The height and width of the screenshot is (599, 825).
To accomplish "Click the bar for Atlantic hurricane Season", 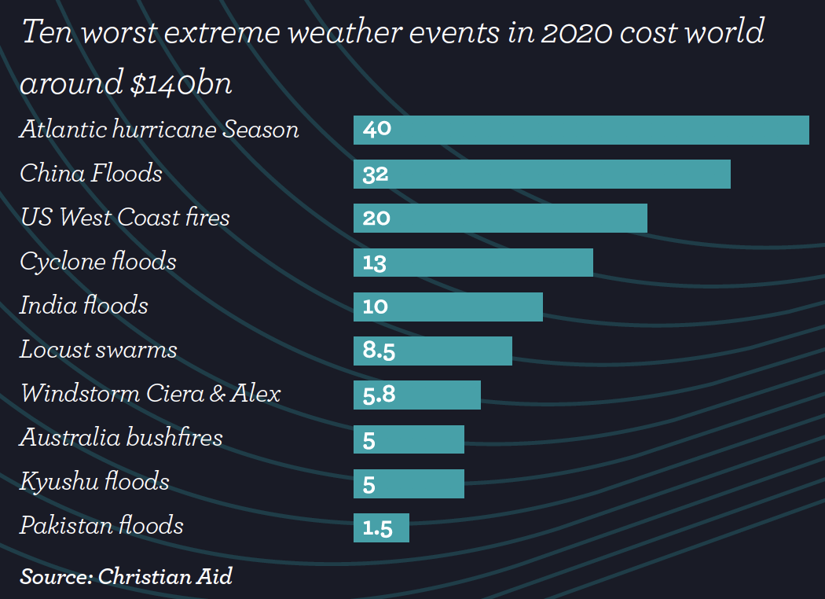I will pyautogui.click(x=581, y=130).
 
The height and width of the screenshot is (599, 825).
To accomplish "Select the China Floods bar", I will pyautogui.click(x=542, y=174).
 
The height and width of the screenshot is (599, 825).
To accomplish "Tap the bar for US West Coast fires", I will pyautogui.click(x=500, y=218).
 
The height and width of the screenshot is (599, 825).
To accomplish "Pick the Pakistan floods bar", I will pyautogui.click(x=381, y=527).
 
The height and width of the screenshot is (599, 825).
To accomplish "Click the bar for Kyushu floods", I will pyautogui.click(x=409, y=483).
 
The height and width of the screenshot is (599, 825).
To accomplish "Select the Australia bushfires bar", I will pyautogui.click(x=409, y=439).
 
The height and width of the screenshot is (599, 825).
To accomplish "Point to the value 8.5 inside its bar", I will pyautogui.click(x=379, y=351).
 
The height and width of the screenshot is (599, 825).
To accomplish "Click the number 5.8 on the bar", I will pyautogui.click(x=379, y=395).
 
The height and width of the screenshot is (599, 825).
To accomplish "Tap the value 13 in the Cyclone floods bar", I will pyautogui.click(x=375, y=263).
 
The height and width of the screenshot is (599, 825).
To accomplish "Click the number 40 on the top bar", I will pyautogui.click(x=377, y=129).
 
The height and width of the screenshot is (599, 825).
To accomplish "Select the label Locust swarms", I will pyautogui.click(x=98, y=350).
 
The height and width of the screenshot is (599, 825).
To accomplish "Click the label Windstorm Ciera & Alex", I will pyautogui.click(x=150, y=393).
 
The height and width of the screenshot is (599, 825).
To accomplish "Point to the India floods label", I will pyautogui.click(x=84, y=305).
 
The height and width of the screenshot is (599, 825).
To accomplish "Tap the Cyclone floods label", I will pyautogui.click(x=98, y=261).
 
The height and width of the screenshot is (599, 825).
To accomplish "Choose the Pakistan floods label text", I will pyautogui.click(x=101, y=525).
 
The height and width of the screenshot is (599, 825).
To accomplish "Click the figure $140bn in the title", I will pyautogui.click(x=181, y=83).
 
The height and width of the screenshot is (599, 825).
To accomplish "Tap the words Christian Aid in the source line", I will pyautogui.click(x=166, y=576).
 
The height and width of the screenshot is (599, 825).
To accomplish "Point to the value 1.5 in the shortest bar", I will pyautogui.click(x=377, y=528).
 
